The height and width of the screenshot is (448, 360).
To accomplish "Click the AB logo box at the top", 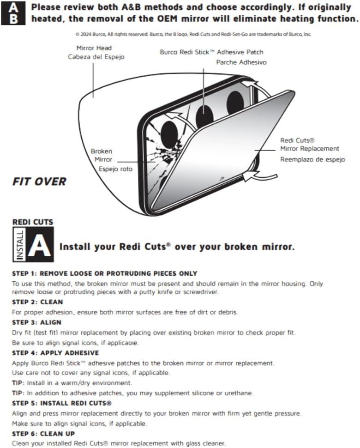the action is (x=13, y=13).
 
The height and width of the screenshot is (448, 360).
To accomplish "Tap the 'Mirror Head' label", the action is (x=94, y=48).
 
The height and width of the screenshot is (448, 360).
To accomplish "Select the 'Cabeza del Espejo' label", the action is (x=96, y=57).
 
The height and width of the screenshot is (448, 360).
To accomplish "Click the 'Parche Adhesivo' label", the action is (x=241, y=62).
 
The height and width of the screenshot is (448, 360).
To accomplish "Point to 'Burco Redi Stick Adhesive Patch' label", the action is (x=211, y=52).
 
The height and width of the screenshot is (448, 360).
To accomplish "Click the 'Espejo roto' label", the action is (x=116, y=169).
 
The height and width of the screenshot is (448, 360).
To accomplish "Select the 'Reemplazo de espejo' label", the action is (x=312, y=159).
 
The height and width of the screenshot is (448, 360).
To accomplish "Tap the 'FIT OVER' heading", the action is (x=39, y=182).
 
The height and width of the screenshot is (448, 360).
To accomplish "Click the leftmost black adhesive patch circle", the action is (x=169, y=135).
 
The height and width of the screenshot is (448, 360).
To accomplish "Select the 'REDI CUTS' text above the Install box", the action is (x=33, y=222).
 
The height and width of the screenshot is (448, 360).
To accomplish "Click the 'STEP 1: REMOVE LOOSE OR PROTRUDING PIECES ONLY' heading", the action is (x=104, y=273).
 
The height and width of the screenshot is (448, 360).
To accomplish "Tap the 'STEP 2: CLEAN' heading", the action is (x=37, y=302).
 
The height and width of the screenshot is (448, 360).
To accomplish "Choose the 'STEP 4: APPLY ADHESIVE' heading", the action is (x=55, y=353).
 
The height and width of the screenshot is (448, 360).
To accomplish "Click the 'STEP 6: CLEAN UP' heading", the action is (x=43, y=434).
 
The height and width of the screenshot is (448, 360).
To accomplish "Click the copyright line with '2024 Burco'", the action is (x=193, y=34).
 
